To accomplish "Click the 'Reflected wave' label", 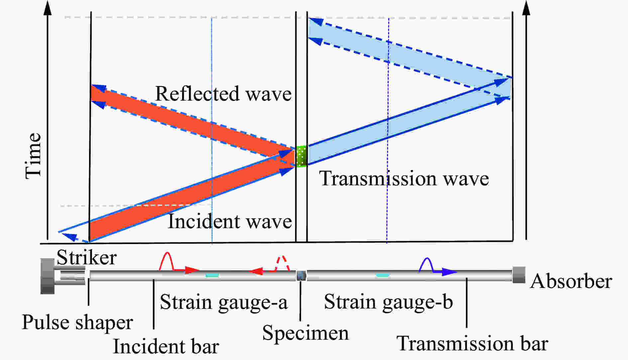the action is point(223,94).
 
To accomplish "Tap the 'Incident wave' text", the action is point(230,221).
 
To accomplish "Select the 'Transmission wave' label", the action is point(404,178).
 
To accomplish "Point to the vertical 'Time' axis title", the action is point(33,156).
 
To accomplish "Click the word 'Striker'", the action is point(87,257).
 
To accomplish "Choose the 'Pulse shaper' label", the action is point(77,322).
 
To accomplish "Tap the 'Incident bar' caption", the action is point(166,346).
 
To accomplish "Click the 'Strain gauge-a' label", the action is point(224,302).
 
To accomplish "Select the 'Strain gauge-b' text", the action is point(388,302).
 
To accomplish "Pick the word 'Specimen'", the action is point(305,333).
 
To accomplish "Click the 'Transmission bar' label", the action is point(472,343).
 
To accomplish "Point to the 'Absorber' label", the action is point(571,281).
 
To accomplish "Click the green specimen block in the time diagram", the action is point(301,156).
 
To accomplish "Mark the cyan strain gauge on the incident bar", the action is point(212,275).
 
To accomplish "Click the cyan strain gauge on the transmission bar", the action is point(382,275).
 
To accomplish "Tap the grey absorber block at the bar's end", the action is point(519,275).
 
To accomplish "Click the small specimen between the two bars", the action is point(301,275).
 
